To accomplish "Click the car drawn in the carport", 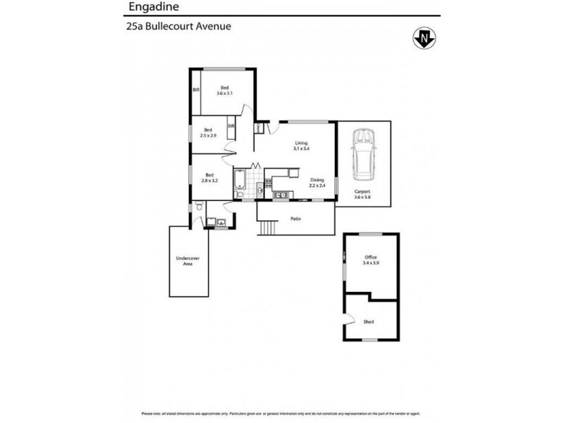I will coord(364,153).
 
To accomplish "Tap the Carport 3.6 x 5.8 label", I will coord(363,195).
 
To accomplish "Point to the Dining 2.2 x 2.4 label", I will coord(317,183).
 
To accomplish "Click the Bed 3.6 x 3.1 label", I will coord(225,91).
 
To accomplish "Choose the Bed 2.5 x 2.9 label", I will coord(209,132).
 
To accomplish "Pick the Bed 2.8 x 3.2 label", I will coord(209,178).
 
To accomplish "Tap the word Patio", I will coord(296,219).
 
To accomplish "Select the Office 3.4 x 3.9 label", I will coord(371,260).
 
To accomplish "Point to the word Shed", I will coord(369,321).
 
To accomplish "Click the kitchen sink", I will coord(279,195).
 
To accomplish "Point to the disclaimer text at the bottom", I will coord(282,413).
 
